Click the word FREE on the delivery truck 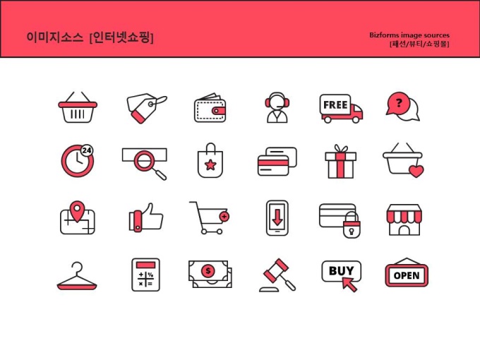335,104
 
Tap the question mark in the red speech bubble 399,102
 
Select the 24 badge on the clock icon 87,150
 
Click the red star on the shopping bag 210,165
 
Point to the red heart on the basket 416,171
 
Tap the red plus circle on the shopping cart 224,217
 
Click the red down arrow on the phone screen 277,217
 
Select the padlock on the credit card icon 352,226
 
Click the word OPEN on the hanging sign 407,275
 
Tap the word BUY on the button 341,270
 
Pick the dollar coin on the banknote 208,270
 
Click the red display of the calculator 145,265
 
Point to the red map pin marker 77,210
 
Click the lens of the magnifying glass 143,160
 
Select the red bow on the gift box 341,149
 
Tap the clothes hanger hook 78,267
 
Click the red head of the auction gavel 276,270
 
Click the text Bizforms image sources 409,35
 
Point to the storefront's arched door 404,230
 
